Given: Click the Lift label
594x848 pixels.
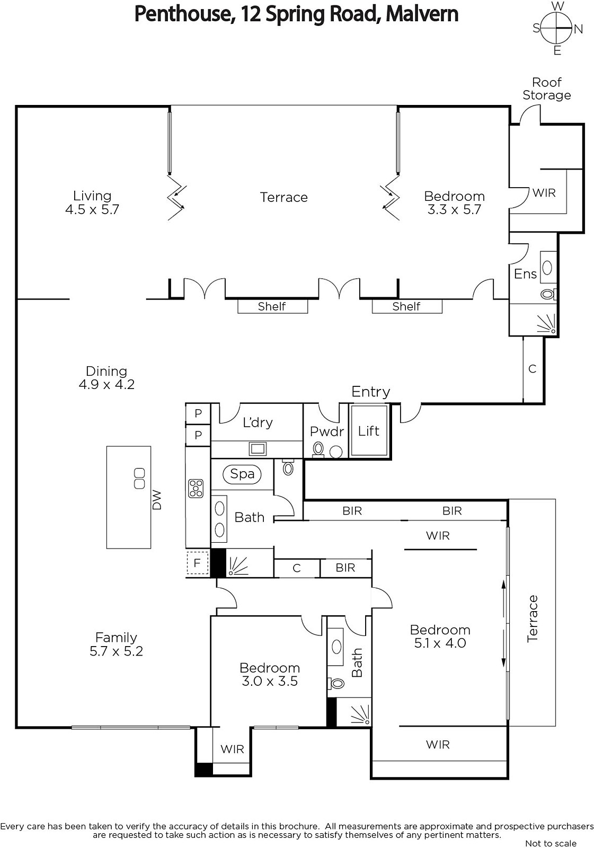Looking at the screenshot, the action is click(x=368, y=431).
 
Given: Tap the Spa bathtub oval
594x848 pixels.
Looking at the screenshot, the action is click(x=242, y=474).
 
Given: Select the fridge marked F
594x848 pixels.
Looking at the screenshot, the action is click(x=197, y=563).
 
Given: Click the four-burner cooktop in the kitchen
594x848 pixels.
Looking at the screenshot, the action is click(x=196, y=488).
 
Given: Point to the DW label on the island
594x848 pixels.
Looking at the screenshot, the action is click(x=157, y=500).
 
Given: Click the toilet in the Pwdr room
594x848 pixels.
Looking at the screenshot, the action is click(x=318, y=449).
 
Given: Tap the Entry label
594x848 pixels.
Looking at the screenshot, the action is click(x=370, y=392).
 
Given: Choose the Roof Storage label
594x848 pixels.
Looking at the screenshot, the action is click(x=547, y=89).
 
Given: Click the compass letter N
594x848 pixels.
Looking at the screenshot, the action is click(x=578, y=29).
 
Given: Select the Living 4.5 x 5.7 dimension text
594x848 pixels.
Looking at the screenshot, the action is click(x=92, y=209).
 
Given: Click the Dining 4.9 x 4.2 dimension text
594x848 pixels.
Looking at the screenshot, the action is click(x=107, y=384).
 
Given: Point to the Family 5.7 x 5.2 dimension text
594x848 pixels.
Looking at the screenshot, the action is click(x=116, y=651).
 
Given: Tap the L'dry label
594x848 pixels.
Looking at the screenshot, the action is click(x=258, y=422).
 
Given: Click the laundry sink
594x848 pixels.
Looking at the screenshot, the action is click(x=258, y=449).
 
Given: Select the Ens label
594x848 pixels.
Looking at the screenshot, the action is click(x=525, y=273).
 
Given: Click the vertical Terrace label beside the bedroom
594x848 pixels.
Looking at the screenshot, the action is click(x=533, y=619).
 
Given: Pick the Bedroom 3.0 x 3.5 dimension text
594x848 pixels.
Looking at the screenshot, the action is click(x=270, y=681).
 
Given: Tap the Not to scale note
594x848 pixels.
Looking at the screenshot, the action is click(x=551, y=843).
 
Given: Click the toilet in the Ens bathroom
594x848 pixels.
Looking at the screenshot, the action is click(x=548, y=294).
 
